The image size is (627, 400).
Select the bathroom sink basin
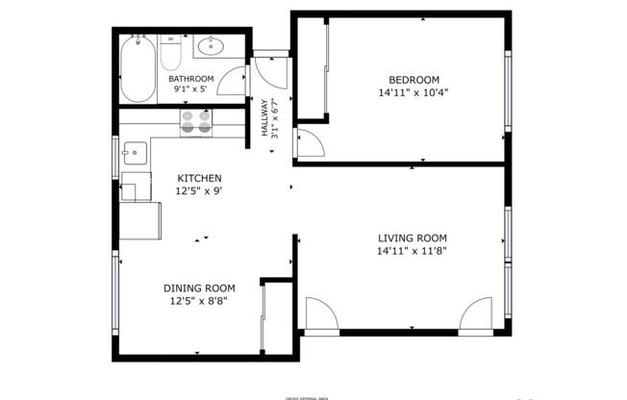210,45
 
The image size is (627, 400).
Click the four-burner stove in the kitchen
196,122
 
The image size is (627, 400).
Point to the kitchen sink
133,152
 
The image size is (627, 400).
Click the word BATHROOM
190,78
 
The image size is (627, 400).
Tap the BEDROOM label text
414,80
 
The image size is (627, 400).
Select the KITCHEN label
199,179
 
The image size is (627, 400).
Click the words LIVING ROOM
412,237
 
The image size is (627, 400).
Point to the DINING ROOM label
199,287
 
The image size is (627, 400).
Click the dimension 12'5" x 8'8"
199,300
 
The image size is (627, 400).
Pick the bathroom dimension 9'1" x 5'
190,88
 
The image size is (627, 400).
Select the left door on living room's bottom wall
320,314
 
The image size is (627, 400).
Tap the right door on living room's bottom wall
476,314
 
